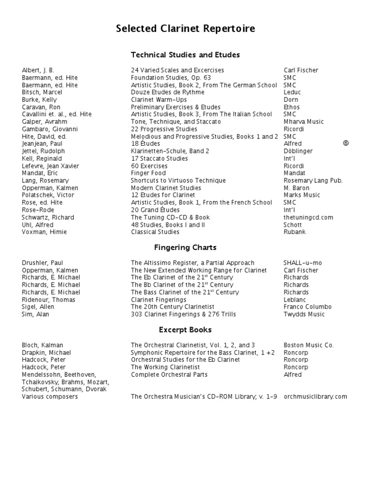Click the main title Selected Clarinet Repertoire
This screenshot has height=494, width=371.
click(185, 29)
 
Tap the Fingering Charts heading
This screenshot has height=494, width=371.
click(185, 248)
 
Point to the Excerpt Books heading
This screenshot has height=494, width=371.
click(185, 330)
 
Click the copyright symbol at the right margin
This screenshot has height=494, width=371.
click(345, 143)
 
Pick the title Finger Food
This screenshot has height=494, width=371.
click(148, 173)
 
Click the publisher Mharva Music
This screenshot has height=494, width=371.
click(304, 122)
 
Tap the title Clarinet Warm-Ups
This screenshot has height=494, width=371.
click(159, 100)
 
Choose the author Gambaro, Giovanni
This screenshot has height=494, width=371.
click(50, 129)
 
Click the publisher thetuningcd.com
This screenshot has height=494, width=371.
click(309, 217)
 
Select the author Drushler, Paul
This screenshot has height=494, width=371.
click(43, 263)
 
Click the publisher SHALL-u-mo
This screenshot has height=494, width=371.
click(303, 263)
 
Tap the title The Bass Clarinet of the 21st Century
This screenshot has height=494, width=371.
click(185, 292)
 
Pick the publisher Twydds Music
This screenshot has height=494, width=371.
click(304, 315)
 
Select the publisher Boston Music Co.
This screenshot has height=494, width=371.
click(308, 345)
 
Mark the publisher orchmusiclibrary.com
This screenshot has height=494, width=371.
click(315, 397)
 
